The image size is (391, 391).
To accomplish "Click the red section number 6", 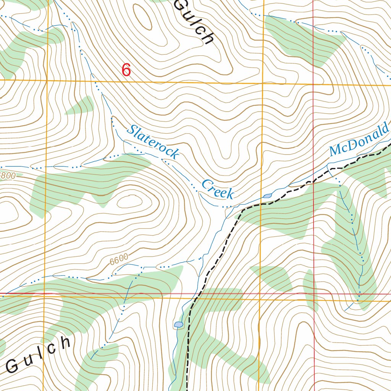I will (x=126, y=70).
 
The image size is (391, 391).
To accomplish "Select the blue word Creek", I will (x=217, y=189).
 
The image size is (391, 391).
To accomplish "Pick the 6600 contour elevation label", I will (x=119, y=260).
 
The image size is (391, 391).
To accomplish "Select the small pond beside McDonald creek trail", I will (x=267, y=196).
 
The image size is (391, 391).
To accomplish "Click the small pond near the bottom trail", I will (x=178, y=325).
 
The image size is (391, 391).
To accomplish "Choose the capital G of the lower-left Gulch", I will (x=13, y=367).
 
